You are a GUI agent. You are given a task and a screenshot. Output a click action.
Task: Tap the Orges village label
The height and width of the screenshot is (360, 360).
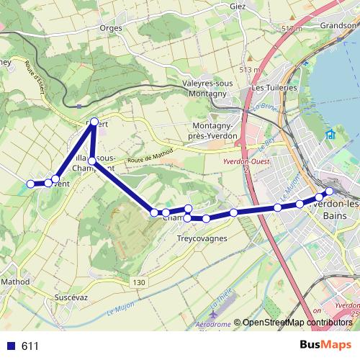[112, 29]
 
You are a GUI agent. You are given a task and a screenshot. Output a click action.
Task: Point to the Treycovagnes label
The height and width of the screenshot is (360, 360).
[202, 238]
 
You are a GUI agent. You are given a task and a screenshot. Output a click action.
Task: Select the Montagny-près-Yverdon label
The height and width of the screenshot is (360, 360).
[217, 130]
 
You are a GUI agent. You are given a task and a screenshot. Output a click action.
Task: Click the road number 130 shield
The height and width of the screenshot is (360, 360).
[139, 282]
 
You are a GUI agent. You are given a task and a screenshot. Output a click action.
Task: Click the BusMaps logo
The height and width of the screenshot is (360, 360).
[325, 346]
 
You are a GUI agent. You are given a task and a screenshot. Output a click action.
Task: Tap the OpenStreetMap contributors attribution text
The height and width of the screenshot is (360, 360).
[297, 323]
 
